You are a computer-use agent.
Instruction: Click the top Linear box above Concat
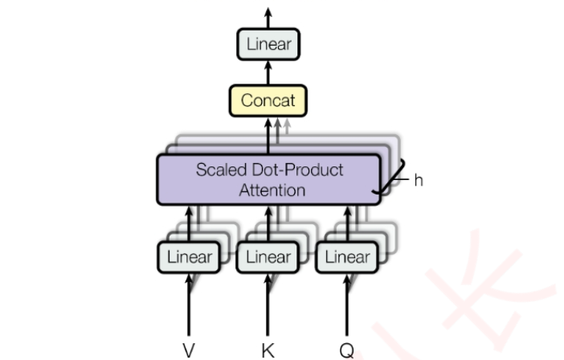pos(268,43)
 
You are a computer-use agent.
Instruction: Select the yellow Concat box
pos(268,101)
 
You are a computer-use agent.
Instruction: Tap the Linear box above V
pos(190,257)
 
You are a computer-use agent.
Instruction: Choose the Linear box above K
pos(268,257)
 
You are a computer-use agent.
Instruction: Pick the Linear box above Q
pos(347,257)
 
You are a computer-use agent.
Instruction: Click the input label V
pos(189,350)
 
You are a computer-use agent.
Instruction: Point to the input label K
pos(268,350)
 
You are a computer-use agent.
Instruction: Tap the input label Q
pos(346,350)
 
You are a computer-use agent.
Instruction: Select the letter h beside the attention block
pos(419,180)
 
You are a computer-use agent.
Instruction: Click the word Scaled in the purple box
pos(221,170)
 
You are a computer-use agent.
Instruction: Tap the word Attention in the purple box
pos(272,190)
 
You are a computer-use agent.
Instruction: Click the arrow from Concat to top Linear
pos(268,72)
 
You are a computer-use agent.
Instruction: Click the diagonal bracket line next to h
pos(389,182)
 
